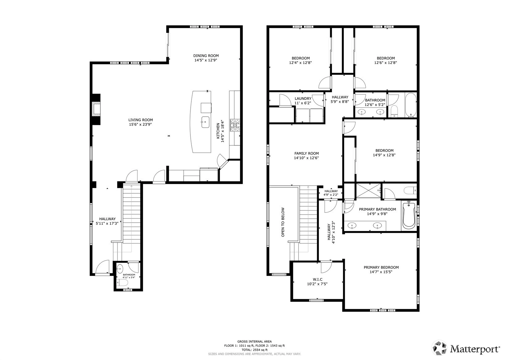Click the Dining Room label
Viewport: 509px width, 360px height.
206,56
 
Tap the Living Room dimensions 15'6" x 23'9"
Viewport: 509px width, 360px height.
140,124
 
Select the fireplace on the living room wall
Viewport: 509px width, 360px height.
96,109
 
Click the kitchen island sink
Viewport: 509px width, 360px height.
205,122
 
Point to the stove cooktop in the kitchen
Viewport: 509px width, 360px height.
235,125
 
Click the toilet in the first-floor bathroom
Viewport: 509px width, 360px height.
122,283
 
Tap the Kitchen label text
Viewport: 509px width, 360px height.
218,131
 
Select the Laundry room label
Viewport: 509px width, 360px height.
303,98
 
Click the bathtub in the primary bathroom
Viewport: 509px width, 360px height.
409,215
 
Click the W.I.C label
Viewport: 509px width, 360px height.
317,280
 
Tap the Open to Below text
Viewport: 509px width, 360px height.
283,222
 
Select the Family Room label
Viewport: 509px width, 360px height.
307,153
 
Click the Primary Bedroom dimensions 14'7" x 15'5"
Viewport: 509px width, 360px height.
381,272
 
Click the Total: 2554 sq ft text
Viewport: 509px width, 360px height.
255,350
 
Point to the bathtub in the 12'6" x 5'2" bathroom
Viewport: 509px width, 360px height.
411,105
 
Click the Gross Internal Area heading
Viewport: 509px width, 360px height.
255,341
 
